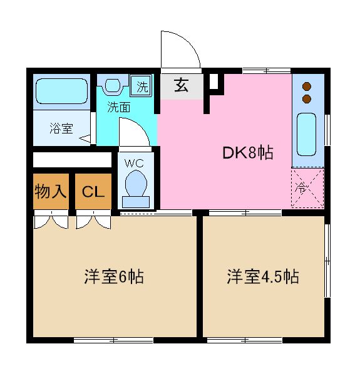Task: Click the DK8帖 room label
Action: click(248, 152)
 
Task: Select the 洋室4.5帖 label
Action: click(262, 276)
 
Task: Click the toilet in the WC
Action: click(136, 186)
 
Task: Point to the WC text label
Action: click(135, 163)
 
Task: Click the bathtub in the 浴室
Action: click(61, 91)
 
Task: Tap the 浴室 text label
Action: click(61, 129)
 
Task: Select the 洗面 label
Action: click(118, 107)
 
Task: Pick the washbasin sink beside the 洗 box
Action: click(114, 85)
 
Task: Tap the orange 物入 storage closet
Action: click(51, 191)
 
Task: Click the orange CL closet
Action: click(93, 191)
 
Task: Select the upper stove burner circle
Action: click(307, 86)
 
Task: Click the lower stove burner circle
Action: click(307, 98)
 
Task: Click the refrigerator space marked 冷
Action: click(307, 187)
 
